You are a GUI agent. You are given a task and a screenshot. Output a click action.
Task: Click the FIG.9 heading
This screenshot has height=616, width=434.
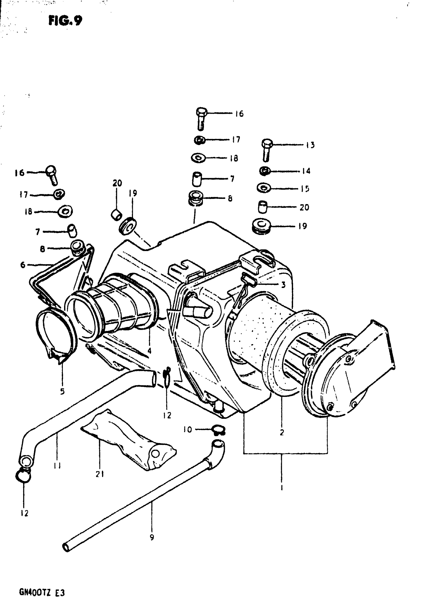tap(65, 20)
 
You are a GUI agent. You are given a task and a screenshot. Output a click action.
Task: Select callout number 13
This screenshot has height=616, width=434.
tap(310, 145)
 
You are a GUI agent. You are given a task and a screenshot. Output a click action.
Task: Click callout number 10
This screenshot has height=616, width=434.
tap(188, 430)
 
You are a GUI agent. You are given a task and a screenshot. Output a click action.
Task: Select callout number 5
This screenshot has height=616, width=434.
tap(62, 392)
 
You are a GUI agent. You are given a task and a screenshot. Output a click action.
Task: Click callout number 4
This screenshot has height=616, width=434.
tap(149, 350)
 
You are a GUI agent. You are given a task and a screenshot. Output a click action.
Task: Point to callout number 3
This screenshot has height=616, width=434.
tap(283, 285)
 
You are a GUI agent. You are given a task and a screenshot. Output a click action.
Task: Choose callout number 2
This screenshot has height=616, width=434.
tap(282, 432)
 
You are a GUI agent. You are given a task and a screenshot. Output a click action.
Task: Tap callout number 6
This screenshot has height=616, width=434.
tap(23, 265)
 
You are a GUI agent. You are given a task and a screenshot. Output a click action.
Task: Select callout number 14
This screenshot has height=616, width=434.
tap(306, 171)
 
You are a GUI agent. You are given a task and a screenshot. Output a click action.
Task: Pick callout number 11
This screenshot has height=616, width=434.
tap(57, 466)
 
